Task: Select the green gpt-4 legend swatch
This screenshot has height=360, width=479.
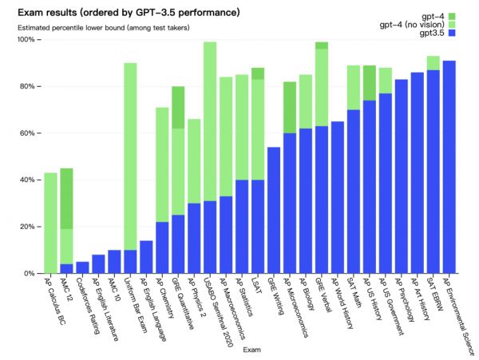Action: pos(451,17)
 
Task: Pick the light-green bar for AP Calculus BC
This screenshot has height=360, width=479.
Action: pos(50,223)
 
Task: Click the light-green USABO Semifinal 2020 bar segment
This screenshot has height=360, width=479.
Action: pos(210,121)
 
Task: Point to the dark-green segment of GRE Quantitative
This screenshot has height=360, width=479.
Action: pos(178,107)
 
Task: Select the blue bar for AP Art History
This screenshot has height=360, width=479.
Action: pos(417,172)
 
